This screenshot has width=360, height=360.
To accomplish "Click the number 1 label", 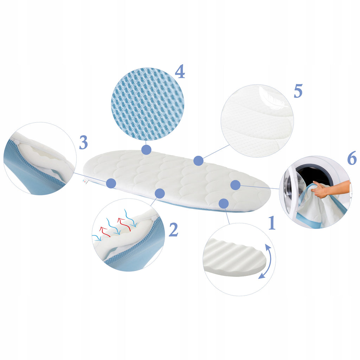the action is click(272, 223).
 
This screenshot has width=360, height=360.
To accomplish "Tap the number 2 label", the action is click(174, 229).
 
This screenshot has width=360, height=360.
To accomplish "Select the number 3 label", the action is click(83, 142).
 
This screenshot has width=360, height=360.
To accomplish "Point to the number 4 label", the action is click(180, 71).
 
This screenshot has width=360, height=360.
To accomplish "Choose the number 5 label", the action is click(298, 91).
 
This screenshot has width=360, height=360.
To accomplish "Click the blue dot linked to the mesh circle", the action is click(146, 150).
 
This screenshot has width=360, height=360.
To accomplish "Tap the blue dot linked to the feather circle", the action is click(198, 161).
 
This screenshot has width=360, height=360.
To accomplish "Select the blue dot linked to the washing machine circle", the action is click(235, 185).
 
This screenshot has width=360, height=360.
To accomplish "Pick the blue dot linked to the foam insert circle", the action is click(224, 204).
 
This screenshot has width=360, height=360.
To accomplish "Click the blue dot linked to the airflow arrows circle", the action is click(160, 194).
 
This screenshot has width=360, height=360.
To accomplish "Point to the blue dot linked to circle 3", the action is click(111, 183).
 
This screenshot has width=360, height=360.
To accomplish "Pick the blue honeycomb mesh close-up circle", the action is click(148, 104).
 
